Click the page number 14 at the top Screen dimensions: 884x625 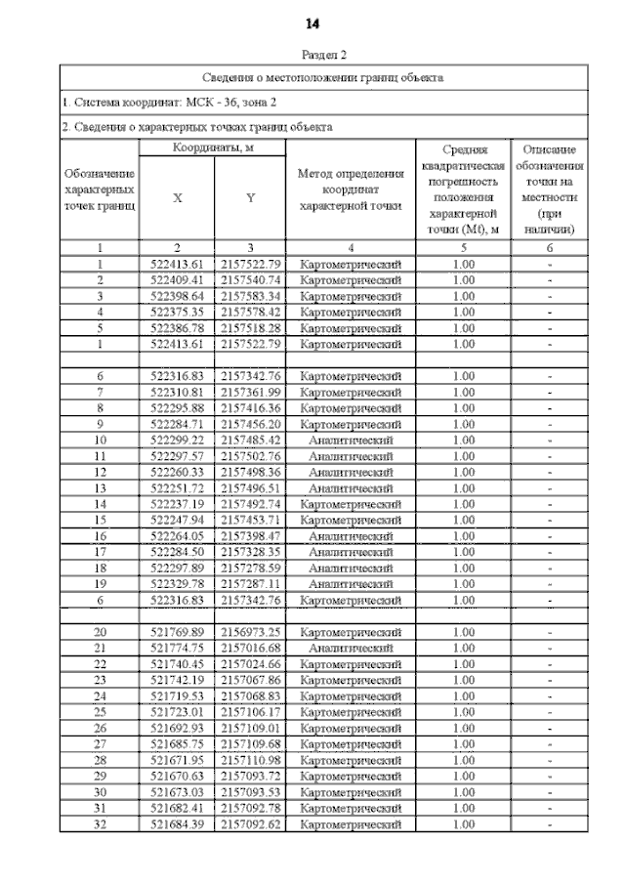coord(312,22)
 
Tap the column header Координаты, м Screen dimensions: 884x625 coord(213,147)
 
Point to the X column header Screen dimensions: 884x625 coord(177,198)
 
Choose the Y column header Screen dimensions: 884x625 coord(250,198)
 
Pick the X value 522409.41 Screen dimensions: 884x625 coord(177,280)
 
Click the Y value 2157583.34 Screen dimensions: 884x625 coord(251,296)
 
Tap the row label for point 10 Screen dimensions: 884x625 coord(100,440)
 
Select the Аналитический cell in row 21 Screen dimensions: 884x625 coord(351,648)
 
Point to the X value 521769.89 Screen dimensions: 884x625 coord(177,632)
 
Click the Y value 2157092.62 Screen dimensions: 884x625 coord(251,824)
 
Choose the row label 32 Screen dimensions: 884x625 coord(100,824)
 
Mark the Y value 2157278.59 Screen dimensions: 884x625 coord(251,568)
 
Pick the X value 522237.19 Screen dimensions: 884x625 coord(177,504)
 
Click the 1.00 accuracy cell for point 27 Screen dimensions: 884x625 coord(464,744)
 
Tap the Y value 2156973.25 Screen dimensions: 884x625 coord(251,632)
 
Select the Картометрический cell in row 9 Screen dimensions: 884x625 coord(351,424)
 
